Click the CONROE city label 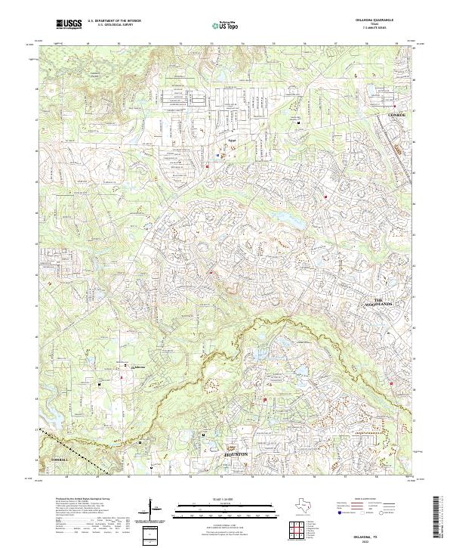click(396, 114)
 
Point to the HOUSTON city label click(236, 454)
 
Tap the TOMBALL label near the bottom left click(60, 459)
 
